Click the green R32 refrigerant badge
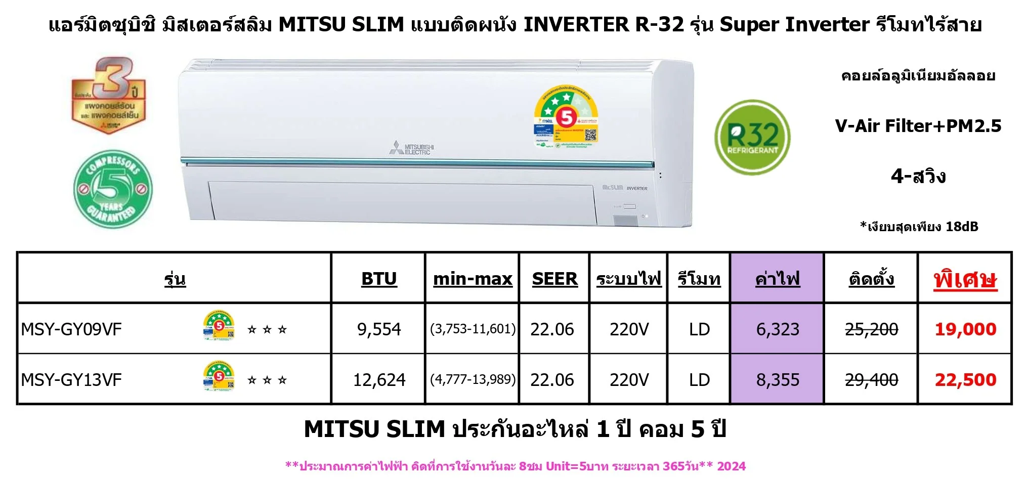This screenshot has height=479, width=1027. pos(752,137)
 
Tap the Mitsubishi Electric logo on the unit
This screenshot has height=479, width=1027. pos(412,147)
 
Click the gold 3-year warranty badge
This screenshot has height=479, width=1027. pos(109,96)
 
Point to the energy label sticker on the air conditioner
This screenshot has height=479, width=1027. pos(566,117)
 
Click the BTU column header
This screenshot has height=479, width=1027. pos(379,279)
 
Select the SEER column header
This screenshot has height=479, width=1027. pos(554,279)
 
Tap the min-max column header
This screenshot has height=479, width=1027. pos(473,279)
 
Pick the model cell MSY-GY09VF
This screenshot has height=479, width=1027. pos(71,329)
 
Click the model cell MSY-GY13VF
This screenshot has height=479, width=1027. pos(71,380)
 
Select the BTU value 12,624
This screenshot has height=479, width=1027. pos(379,380)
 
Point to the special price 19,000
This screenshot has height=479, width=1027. pos(965,329)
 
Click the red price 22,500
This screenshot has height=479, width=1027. pos(965,380)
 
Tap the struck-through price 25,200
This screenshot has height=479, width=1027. pos(871,329)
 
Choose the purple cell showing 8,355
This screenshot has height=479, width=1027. pos(778,380)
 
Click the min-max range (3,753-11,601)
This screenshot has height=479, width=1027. pos(473,329)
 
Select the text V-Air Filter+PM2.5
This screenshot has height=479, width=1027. pos(918,126)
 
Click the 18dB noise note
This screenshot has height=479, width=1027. pos(919,227)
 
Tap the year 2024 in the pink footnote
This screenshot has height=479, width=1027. pos(731,466)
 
